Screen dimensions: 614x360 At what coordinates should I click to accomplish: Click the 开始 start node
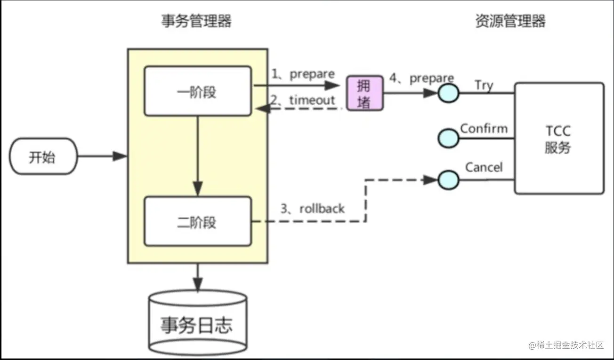43,156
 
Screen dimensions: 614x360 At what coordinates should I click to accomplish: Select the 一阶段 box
198,91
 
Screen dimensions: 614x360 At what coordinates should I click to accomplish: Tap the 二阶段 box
198,221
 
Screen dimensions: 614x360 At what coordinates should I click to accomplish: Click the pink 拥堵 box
365,93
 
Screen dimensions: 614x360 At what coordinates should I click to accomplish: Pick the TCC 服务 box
559,138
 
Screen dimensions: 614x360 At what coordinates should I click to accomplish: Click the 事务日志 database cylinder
198,323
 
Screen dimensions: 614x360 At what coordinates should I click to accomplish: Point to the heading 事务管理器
196,21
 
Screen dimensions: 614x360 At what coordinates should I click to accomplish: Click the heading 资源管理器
510,21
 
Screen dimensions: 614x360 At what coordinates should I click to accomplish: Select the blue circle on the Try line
448,93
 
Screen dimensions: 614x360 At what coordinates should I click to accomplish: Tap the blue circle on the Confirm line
448,138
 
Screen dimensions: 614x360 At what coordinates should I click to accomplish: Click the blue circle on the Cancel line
448,180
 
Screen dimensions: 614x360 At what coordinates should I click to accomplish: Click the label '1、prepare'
303,74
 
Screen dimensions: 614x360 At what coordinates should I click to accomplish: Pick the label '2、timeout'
303,100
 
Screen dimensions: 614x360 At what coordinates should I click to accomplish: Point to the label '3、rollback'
312,209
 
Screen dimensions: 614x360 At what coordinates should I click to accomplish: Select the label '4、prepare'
421,78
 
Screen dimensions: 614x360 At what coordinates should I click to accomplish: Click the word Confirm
484,129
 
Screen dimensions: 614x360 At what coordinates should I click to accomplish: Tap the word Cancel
484,167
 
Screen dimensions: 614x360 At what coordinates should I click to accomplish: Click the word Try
484,86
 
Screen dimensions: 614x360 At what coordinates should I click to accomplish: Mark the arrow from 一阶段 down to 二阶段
198,156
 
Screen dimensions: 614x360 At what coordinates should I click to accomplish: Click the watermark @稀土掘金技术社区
566,345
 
